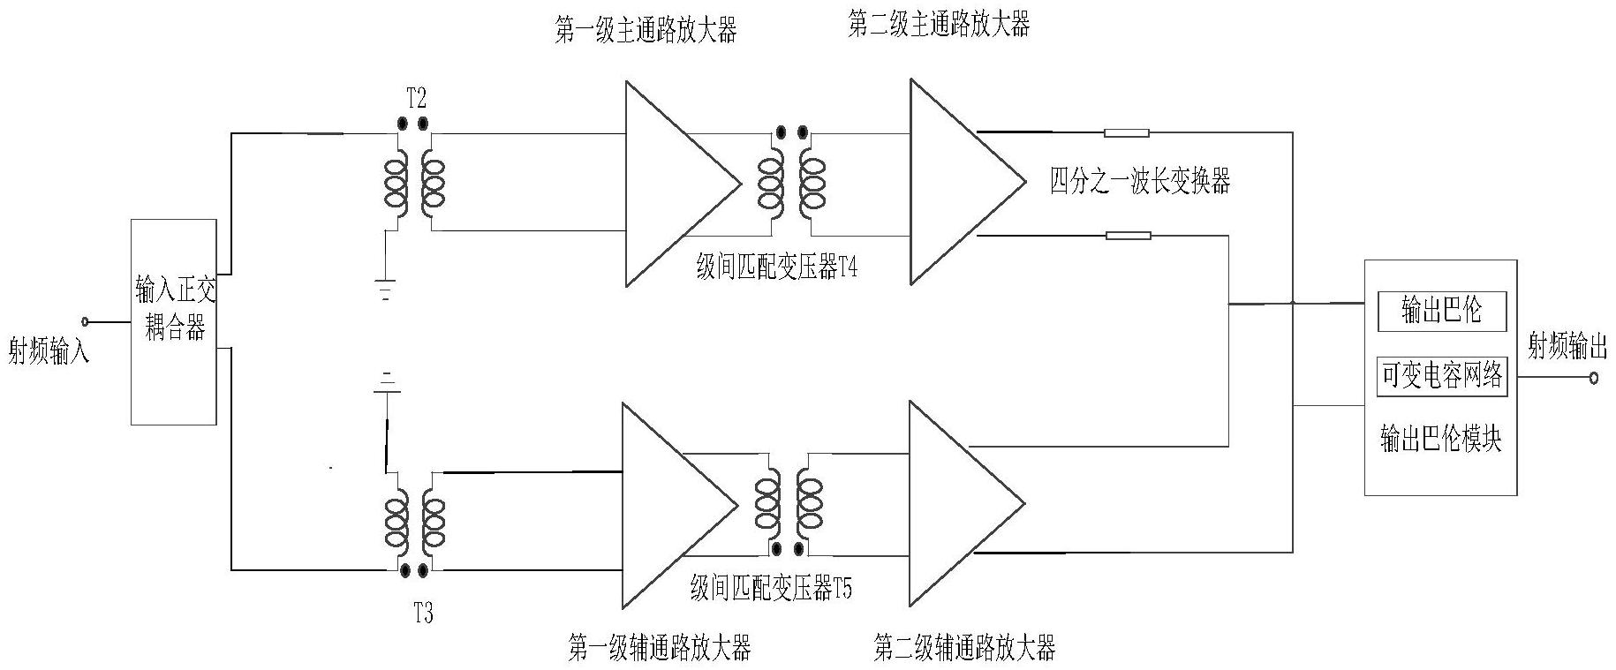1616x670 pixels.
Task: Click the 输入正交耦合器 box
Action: [x=174, y=321]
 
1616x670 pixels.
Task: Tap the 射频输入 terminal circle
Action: [x=86, y=321]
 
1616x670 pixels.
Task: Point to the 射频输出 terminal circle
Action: [x=1593, y=379]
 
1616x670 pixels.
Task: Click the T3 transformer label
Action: [x=423, y=613]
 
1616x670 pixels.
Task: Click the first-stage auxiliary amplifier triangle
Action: [x=669, y=505]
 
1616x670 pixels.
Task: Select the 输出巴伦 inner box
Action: [x=1441, y=312]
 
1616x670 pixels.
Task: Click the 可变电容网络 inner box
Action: [x=1441, y=377]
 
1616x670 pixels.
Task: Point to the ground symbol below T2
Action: [x=385, y=289]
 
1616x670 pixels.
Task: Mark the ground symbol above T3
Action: [x=386, y=380]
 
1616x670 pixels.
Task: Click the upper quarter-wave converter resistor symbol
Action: [x=1127, y=133]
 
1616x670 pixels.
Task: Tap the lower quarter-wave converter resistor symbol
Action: [x=1129, y=236]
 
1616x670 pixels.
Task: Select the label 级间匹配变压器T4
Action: [x=776, y=268]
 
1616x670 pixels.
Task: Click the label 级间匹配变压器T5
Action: [x=771, y=589]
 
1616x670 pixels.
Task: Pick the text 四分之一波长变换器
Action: [x=1139, y=181]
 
